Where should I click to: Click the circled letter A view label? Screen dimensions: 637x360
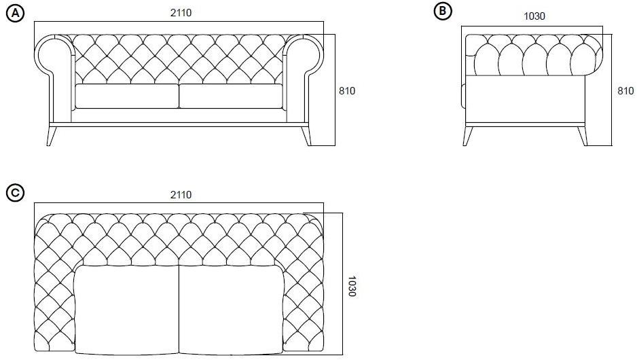(16, 14)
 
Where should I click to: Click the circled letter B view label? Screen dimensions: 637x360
(443, 11)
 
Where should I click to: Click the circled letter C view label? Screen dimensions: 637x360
(16, 193)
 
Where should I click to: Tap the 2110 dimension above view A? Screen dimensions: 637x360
(181, 13)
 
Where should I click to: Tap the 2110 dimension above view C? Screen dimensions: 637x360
(181, 195)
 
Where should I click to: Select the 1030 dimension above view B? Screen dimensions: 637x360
(534, 16)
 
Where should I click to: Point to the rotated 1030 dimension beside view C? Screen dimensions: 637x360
(352, 287)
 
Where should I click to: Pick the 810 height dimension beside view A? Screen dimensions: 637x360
(347, 90)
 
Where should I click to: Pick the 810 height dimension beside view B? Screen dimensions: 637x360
(625, 90)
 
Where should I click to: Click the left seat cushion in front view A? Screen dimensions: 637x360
(127, 96)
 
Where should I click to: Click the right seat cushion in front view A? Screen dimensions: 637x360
(231, 96)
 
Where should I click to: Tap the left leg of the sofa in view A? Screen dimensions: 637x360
(51, 136)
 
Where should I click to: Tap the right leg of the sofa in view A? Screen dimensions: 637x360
(306, 136)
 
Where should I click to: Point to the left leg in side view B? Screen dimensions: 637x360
(468, 136)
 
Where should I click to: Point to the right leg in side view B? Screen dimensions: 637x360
(583, 136)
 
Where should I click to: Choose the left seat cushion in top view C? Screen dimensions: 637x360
(127, 310)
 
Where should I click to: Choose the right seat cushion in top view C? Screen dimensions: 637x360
(231, 310)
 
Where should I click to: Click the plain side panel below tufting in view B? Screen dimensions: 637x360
(525, 98)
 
